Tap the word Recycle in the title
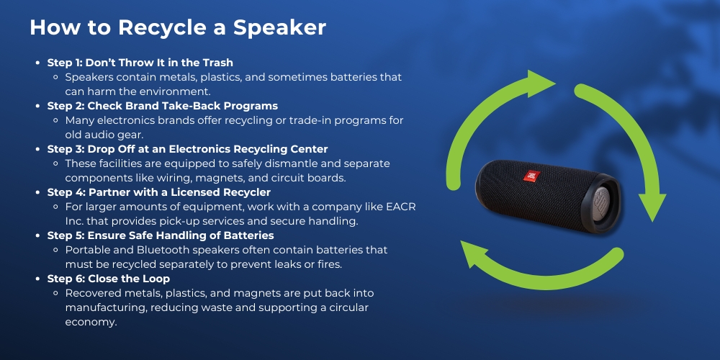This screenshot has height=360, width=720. coord(158,27)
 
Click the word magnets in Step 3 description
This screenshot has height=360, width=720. coord(262,178)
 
